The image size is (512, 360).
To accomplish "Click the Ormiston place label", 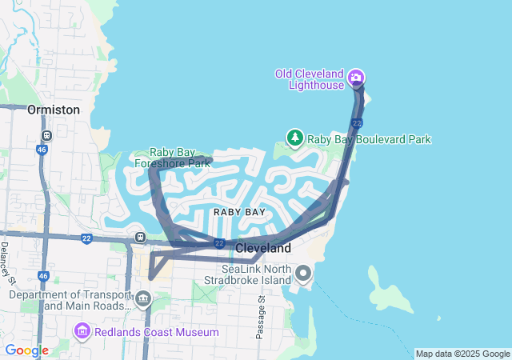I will coord(53,110).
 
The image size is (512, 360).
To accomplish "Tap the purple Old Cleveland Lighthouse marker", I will coord(356,78).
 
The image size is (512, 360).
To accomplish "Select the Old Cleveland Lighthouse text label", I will coord(309,79).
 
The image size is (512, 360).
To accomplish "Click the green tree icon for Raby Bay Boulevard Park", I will coord(295,138).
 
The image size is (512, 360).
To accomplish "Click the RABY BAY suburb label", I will coord(239,212).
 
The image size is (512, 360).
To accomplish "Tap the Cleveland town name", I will coord(263,249).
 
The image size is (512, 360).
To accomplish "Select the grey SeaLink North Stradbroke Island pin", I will coord(302,274).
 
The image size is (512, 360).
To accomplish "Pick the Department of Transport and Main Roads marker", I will coord(143,300).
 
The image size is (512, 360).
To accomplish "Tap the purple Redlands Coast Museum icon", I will coord(82,331).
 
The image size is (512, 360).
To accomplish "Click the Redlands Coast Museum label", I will coord(156,332).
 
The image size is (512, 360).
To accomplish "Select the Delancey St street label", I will coord(8,262).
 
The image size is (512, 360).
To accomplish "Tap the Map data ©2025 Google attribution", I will coord(462,354).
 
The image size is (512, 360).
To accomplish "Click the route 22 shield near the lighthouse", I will coord(357,123).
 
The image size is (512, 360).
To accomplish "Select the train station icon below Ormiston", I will coord(47,136).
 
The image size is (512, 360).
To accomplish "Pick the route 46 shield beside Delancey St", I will coord(43,275).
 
